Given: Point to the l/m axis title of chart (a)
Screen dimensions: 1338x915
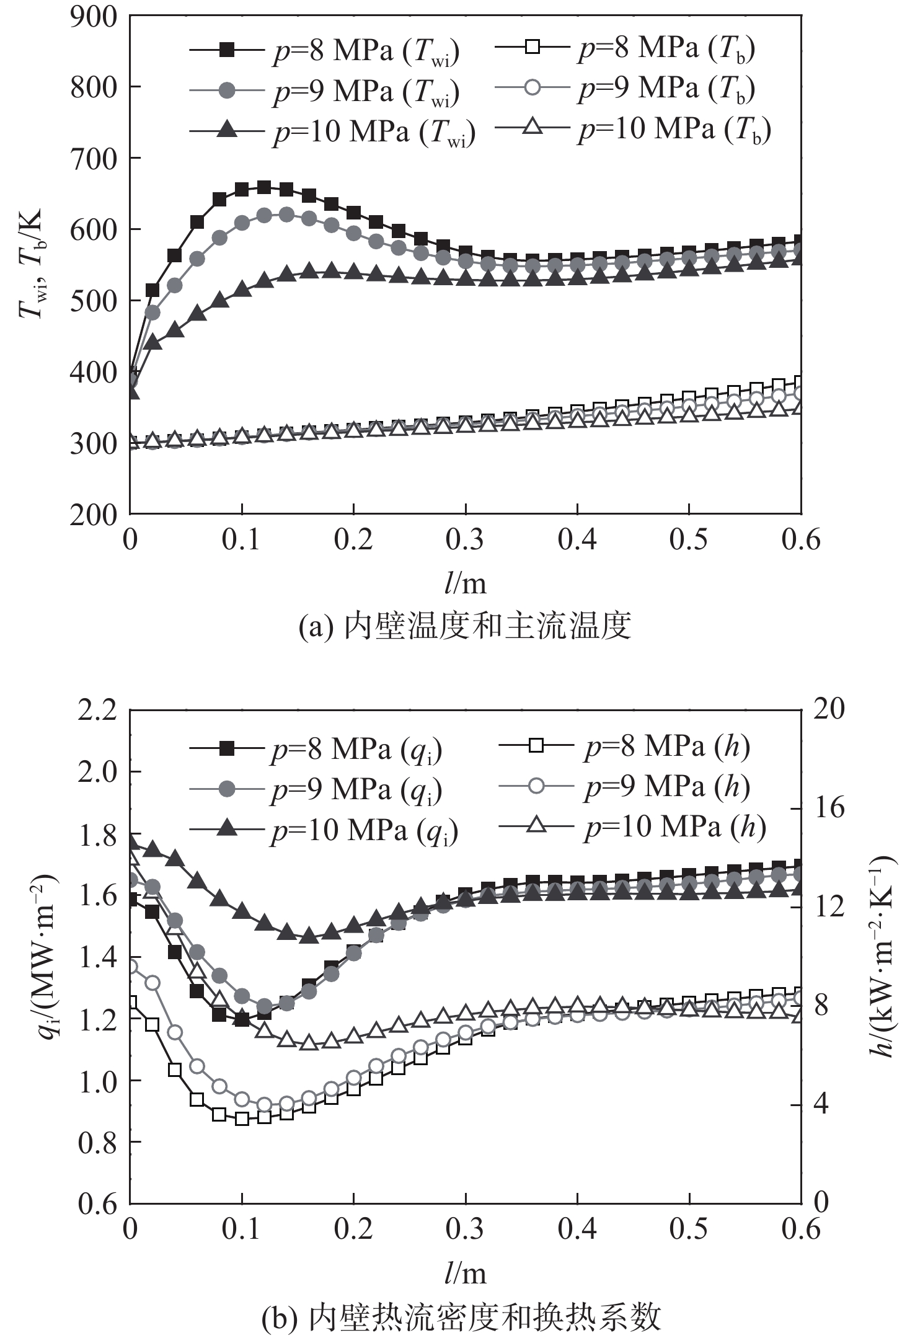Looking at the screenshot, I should (x=465, y=583).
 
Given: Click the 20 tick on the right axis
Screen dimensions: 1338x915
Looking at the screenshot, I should (x=828, y=710).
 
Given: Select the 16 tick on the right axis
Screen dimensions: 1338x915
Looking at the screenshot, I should (x=828, y=809).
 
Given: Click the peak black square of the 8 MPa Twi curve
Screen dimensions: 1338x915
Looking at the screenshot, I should (x=264, y=187).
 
